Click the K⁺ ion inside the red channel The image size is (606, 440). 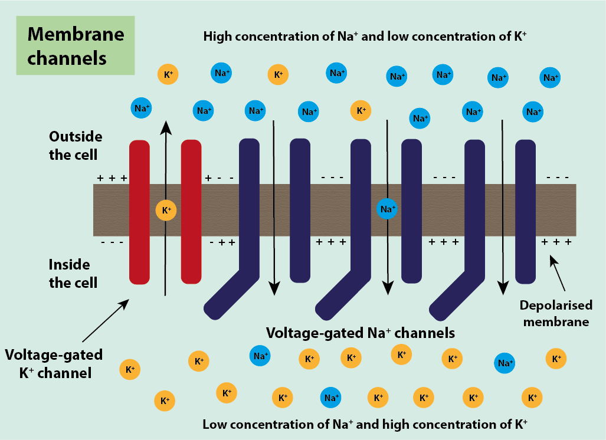166,210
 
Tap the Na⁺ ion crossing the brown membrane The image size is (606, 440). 387,208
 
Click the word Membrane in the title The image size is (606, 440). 76,34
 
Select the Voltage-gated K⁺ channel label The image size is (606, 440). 54,363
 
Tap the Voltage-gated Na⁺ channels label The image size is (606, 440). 361,333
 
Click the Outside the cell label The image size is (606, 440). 75,146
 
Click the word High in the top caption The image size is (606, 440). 216,37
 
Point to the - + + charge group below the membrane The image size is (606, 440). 222,242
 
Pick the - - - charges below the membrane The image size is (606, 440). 112,242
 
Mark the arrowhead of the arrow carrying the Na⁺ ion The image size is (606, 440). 387,288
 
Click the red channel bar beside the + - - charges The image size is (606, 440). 191,211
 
